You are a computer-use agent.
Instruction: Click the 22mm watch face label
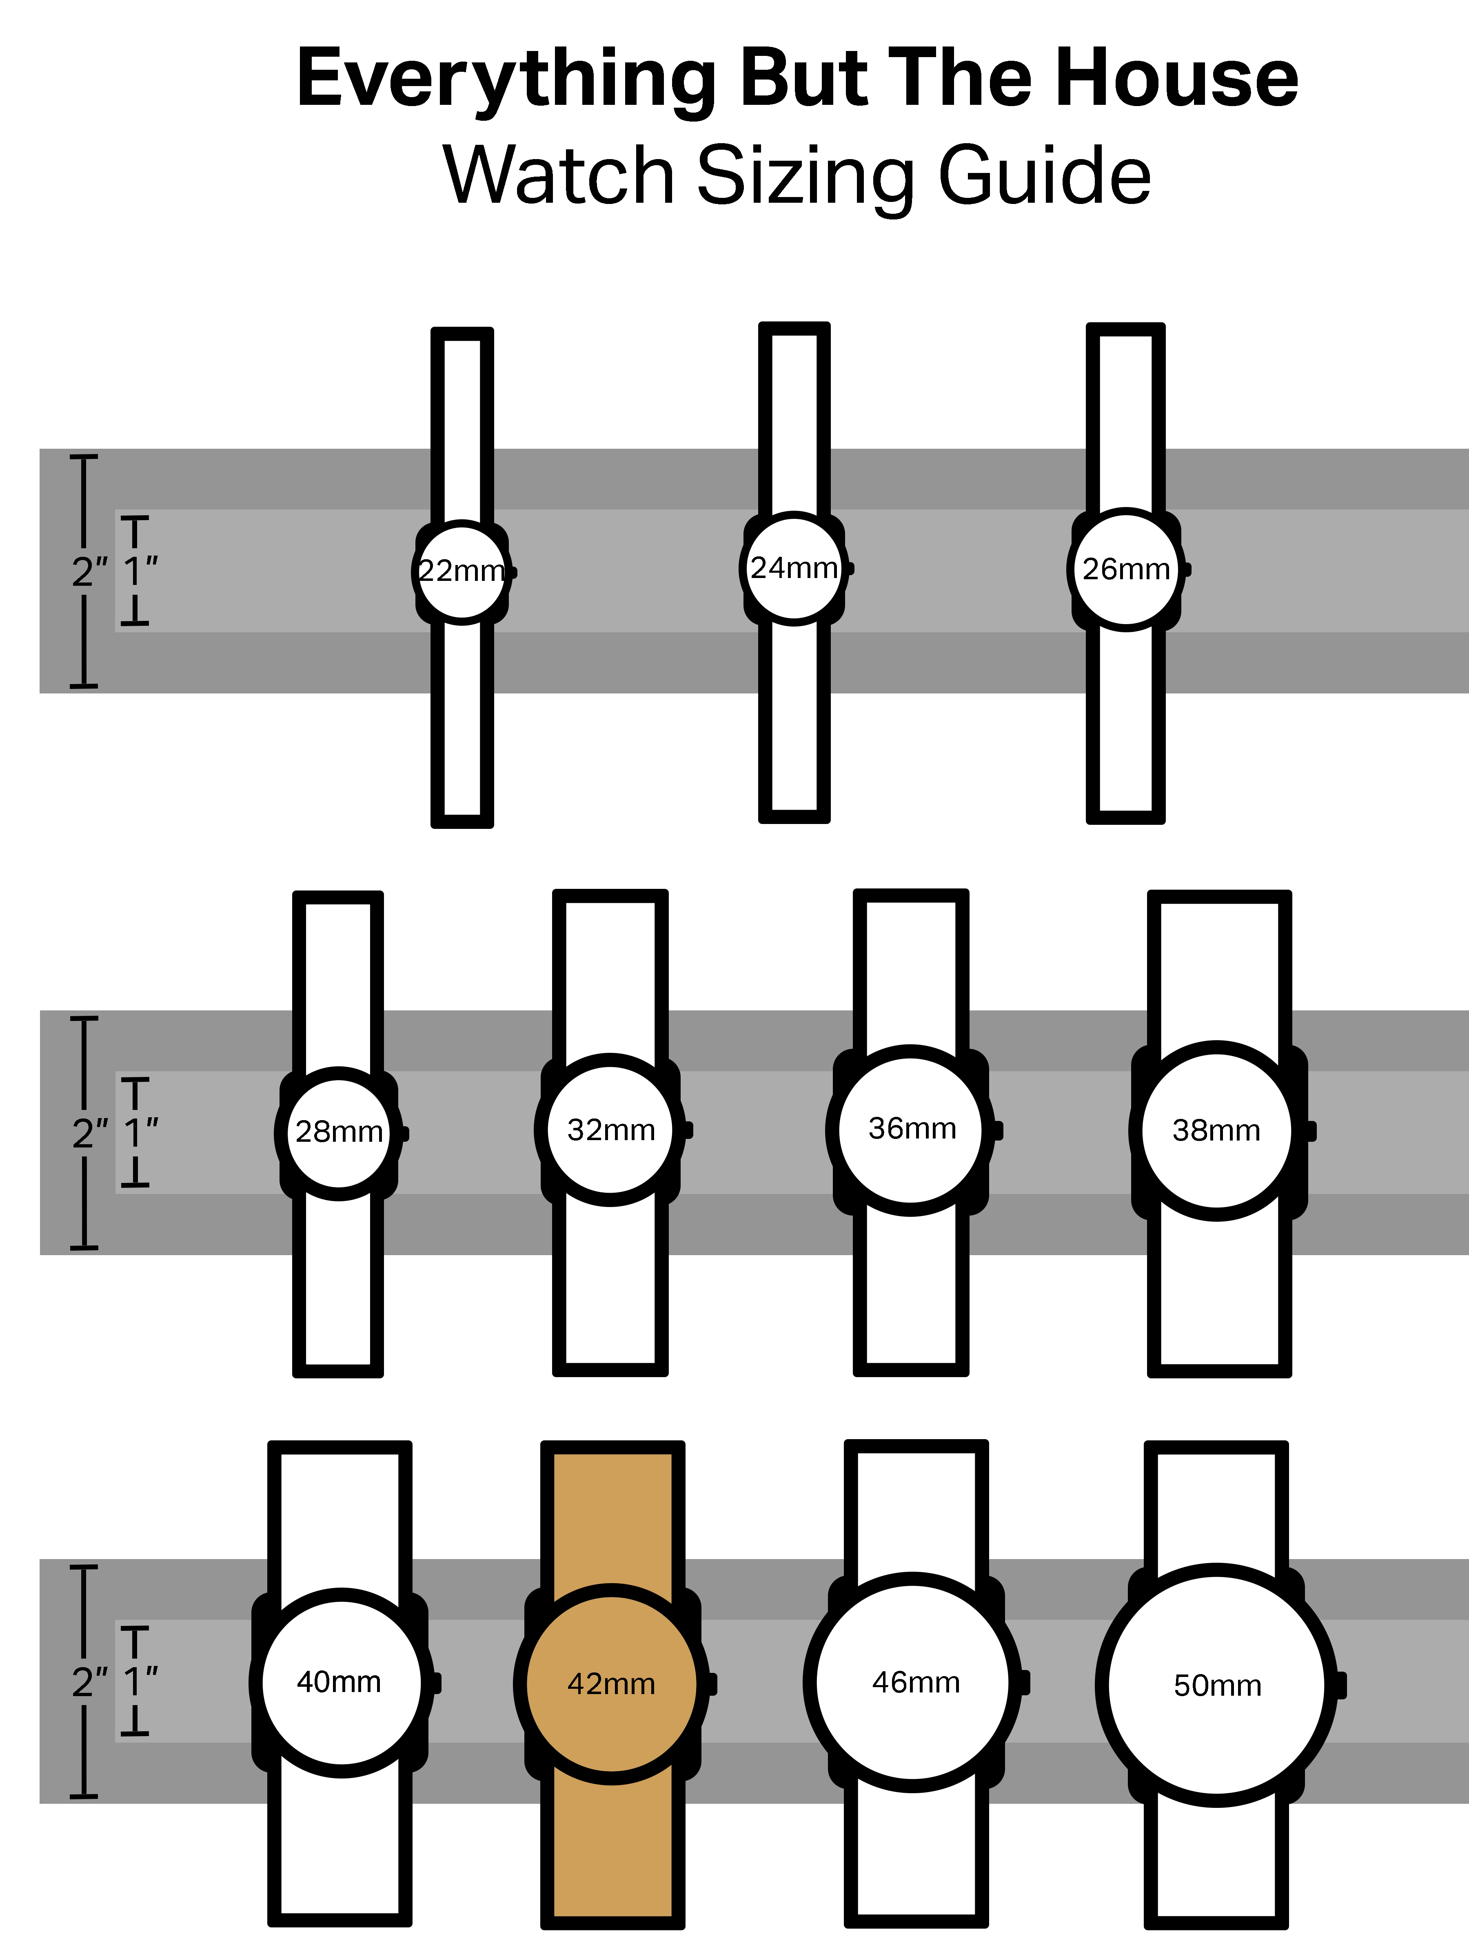tap(462, 571)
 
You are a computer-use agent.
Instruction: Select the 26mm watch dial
tap(1125, 569)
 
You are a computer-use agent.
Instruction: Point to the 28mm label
tap(339, 1131)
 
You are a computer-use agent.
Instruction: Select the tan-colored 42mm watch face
tap(611, 1683)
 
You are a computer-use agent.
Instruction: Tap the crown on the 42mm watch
tap(712, 1683)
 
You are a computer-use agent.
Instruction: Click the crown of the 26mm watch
tap(1187, 569)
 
